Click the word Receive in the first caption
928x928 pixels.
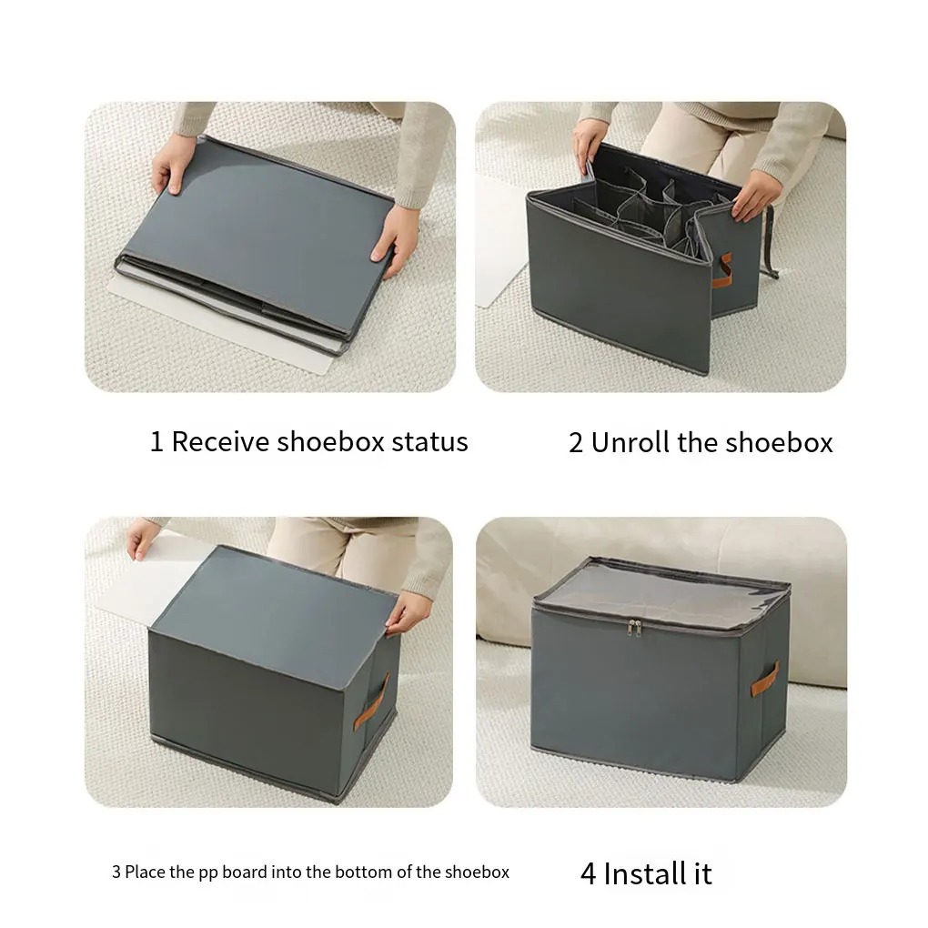click(221, 442)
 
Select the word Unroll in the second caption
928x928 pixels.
click(630, 443)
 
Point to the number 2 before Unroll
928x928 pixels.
click(576, 443)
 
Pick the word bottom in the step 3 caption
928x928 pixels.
click(366, 872)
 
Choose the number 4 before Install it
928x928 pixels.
click(589, 873)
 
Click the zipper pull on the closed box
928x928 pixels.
click(635, 627)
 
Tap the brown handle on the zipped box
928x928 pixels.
click(763, 681)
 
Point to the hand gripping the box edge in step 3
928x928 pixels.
click(406, 612)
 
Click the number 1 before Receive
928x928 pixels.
click(156, 442)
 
